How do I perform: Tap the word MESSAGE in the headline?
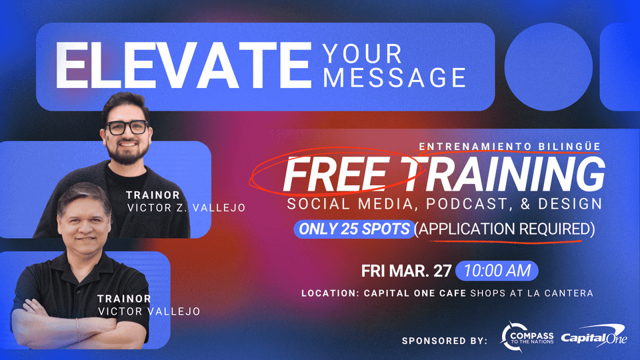(x=394, y=78)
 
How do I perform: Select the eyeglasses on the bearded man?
(x=127, y=127)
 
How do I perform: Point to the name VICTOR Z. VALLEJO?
(x=186, y=208)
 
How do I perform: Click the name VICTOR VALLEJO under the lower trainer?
(x=149, y=311)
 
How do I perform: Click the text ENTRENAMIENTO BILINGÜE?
(x=509, y=145)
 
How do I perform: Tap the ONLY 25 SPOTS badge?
(x=353, y=229)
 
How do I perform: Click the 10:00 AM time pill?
(x=497, y=271)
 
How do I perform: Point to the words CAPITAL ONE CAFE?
(x=416, y=293)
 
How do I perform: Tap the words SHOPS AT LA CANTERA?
(x=531, y=293)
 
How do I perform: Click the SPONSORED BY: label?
(x=444, y=341)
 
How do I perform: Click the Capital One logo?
(x=593, y=339)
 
